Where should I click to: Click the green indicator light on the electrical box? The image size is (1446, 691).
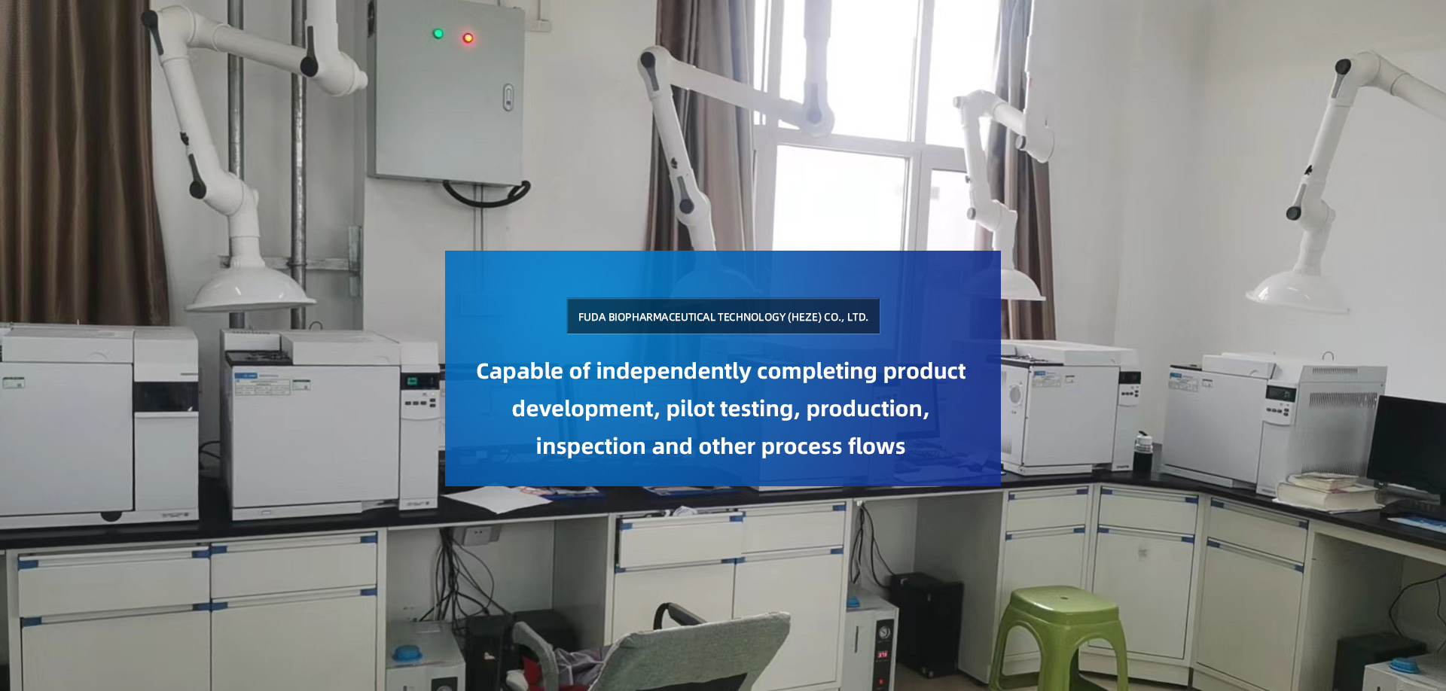[438, 33]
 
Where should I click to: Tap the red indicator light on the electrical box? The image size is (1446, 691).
[468, 38]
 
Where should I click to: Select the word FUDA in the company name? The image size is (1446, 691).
[592, 317]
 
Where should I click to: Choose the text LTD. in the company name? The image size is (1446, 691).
[858, 317]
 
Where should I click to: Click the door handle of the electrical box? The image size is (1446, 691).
[508, 97]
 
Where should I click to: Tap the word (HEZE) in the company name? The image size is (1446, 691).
[804, 317]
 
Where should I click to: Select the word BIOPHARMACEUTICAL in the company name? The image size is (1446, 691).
[662, 317]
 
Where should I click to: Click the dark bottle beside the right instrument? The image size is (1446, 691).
[1143, 452]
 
